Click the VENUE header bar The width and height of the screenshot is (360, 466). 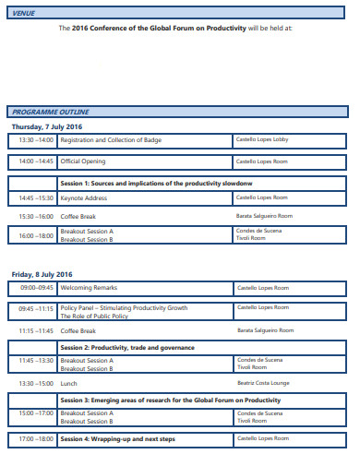[180, 14]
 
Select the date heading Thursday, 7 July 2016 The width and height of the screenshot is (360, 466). [47, 126]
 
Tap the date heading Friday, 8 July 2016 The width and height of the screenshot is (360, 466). [42, 274]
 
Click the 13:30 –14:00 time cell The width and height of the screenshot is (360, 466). [36, 140]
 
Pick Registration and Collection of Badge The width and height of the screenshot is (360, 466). [112, 140]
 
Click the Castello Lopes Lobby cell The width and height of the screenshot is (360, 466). [263, 140]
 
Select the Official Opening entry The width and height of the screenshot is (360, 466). [83, 161]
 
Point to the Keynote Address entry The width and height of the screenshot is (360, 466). [84, 197]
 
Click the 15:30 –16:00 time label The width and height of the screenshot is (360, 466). [36, 216]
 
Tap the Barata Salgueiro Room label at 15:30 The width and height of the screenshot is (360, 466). [265, 216]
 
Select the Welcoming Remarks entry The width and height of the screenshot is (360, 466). [89, 288]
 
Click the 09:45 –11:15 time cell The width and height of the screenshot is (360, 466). [36, 308]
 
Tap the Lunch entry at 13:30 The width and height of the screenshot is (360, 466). [68, 382]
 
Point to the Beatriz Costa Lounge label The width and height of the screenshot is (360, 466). [263, 382]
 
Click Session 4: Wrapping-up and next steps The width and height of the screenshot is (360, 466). [117, 439]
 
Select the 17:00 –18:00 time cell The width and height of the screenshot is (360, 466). [36, 439]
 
